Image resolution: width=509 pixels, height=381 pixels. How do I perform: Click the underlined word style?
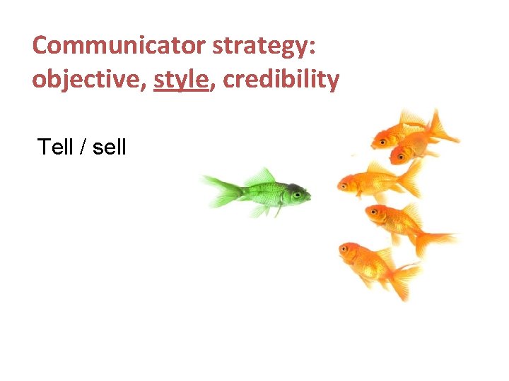click(x=180, y=80)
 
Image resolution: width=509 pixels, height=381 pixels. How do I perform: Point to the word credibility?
click(x=281, y=80)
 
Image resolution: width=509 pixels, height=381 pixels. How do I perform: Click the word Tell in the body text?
click(x=55, y=147)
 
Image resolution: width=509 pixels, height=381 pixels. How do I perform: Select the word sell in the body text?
click(x=109, y=147)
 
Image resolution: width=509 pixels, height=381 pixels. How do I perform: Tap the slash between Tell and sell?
click(x=82, y=147)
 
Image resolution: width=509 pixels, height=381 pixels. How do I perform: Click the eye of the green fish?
click(x=298, y=192)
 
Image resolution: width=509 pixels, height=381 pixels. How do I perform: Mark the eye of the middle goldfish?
click(x=345, y=185)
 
